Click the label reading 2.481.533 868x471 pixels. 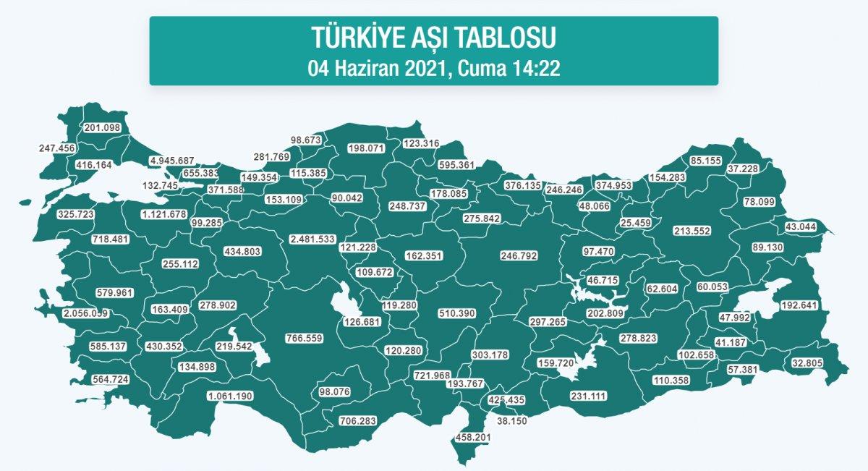tap(312, 239)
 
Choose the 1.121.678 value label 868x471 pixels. tap(164, 214)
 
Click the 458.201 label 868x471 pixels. tap(473, 437)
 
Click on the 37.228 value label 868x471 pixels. tap(747, 169)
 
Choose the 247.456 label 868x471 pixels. tap(58, 148)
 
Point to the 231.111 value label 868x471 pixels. tap(588, 396)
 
